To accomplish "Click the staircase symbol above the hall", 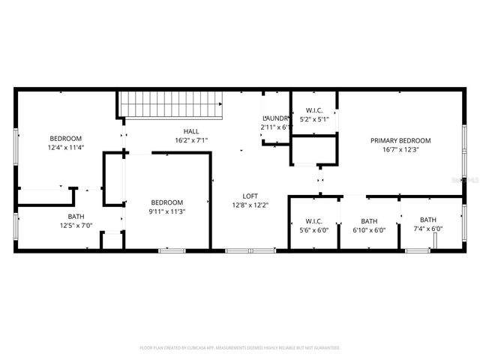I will click(x=172, y=104).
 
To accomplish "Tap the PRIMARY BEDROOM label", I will click(x=400, y=140).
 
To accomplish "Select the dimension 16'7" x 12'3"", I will click(x=400, y=149).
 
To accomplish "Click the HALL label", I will click(x=190, y=130).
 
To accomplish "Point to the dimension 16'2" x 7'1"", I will click(x=190, y=139).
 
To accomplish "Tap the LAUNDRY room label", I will click(x=275, y=118).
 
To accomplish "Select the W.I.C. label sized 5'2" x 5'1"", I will click(x=313, y=110).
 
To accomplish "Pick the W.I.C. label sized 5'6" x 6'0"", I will click(x=313, y=221).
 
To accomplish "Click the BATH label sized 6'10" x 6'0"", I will click(x=369, y=221).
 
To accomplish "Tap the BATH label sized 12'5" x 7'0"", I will click(x=76, y=217).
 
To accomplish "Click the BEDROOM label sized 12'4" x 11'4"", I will click(x=65, y=138).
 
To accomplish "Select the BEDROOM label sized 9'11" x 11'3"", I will click(x=166, y=202).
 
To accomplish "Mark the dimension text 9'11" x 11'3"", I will click(x=166, y=211).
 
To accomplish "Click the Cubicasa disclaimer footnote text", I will click(x=240, y=348).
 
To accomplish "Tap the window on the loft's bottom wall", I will click(x=240, y=250).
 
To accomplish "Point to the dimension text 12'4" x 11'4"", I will click(x=65, y=147).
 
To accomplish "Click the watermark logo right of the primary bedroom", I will click(x=470, y=181).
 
